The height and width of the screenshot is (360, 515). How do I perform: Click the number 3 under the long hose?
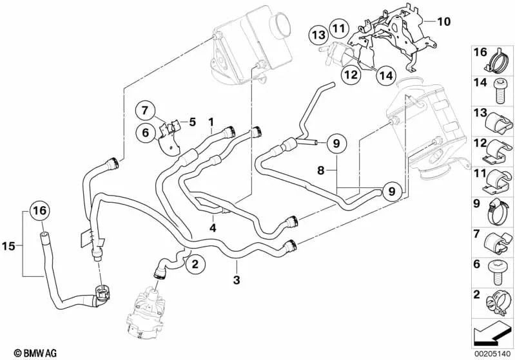click(x=236, y=281)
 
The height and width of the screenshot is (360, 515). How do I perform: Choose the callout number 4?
click(x=212, y=227)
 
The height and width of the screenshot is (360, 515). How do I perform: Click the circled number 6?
click(x=144, y=133)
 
